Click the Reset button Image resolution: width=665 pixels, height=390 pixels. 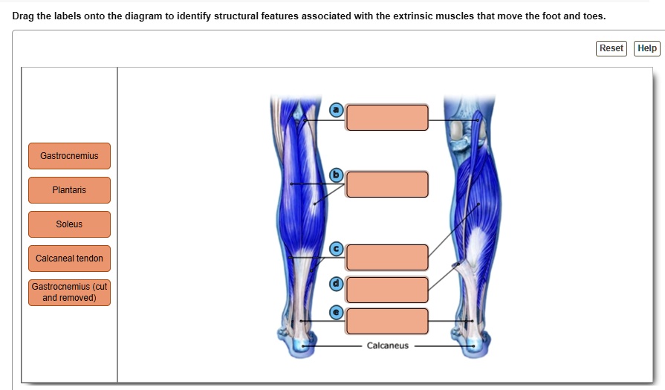click(612, 48)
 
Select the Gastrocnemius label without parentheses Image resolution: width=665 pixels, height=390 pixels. click(70, 156)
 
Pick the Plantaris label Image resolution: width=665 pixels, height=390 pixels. click(70, 190)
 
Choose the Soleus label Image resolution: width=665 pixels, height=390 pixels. click(70, 224)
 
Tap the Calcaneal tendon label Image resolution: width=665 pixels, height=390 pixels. click(70, 259)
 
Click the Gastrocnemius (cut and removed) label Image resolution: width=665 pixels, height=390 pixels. click(70, 293)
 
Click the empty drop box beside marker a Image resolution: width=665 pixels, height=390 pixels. click(387, 117)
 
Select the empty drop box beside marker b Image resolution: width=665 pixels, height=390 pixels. click(387, 184)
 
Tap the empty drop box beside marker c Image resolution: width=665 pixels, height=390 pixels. click(387, 257)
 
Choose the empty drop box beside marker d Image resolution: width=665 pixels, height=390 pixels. click(387, 290)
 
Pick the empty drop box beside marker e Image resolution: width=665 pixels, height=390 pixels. click(387, 322)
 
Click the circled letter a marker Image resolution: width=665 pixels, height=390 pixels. click(337, 110)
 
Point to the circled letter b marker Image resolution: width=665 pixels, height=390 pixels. click(337, 175)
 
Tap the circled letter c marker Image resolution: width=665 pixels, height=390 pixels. click(337, 249)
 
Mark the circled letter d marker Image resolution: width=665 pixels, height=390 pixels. click(337, 284)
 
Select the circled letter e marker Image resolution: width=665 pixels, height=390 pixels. click(337, 313)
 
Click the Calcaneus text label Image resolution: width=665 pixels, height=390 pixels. click(388, 346)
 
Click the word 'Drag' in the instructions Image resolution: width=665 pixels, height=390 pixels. click(23, 16)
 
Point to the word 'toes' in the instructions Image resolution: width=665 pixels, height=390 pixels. click(594, 16)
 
